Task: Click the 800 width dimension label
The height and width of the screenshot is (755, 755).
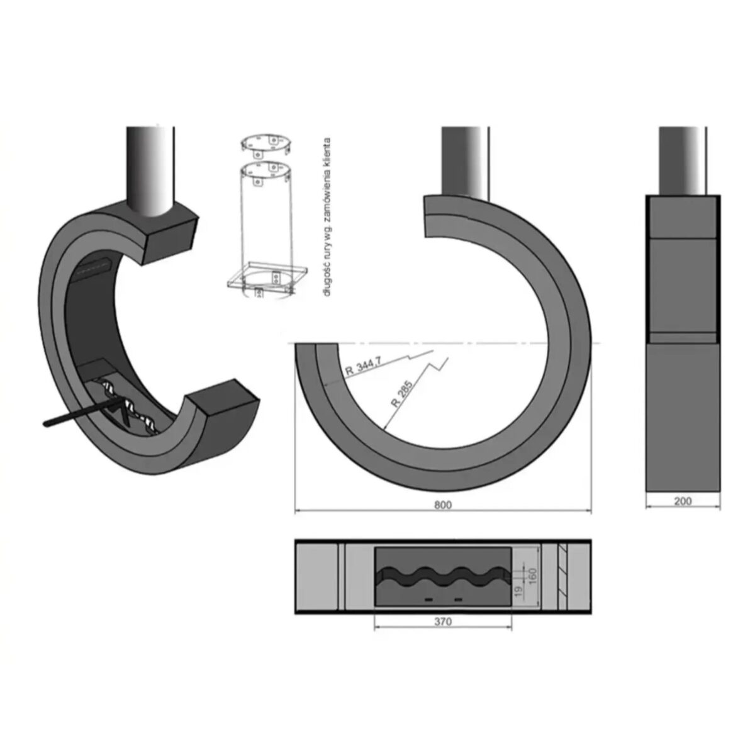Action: pyautogui.click(x=443, y=505)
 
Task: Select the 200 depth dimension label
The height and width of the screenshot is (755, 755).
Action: pyautogui.click(x=682, y=501)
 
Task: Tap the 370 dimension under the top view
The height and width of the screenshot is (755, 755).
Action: pyautogui.click(x=443, y=622)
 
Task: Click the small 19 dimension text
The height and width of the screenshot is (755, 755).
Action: pyautogui.click(x=518, y=591)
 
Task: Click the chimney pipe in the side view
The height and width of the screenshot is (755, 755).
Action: pyautogui.click(x=683, y=160)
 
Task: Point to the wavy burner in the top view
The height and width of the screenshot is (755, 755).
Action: pyautogui.click(x=443, y=574)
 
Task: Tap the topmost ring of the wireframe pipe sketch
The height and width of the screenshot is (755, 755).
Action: pyautogui.click(x=267, y=142)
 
